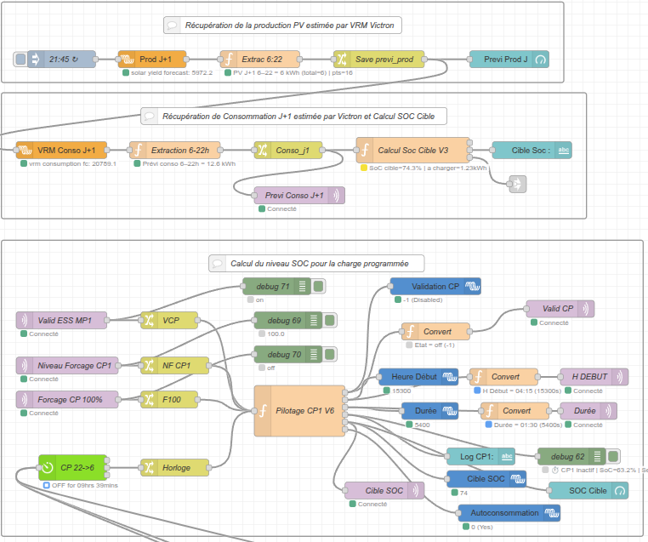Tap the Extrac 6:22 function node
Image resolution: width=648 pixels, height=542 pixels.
click(259, 59)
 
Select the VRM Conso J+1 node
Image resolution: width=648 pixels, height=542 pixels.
click(61, 150)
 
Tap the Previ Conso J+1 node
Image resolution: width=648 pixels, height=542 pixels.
click(298, 196)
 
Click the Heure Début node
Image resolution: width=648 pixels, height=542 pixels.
click(418, 377)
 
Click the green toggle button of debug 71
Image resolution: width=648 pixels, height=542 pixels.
click(318, 287)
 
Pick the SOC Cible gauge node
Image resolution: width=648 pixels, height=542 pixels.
click(587, 490)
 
